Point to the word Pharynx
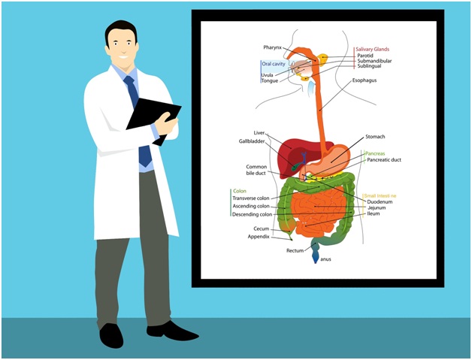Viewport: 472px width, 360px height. [x=272, y=47]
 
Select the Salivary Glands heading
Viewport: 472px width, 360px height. [x=372, y=49]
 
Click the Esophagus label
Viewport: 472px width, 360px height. [x=365, y=80]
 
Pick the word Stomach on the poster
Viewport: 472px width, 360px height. [x=375, y=136]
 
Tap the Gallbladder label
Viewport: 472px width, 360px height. [x=252, y=141]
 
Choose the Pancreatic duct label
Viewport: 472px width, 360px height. [x=384, y=160]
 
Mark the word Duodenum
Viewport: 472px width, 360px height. [x=380, y=201]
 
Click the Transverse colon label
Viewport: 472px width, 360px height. [x=251, y=198]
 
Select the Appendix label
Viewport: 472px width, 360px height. [x=259, y=237]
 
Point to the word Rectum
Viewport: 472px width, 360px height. [x=295, y=250]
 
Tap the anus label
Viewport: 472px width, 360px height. [x=325, y=259]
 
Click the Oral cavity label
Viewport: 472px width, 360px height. [x=274, y=64]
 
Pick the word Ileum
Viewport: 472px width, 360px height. [x=374, y=213]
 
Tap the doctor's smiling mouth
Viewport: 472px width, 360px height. [x=123, y=56]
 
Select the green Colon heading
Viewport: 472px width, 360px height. [x=240, y=191]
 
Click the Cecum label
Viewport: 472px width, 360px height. [x=262, y=228]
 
